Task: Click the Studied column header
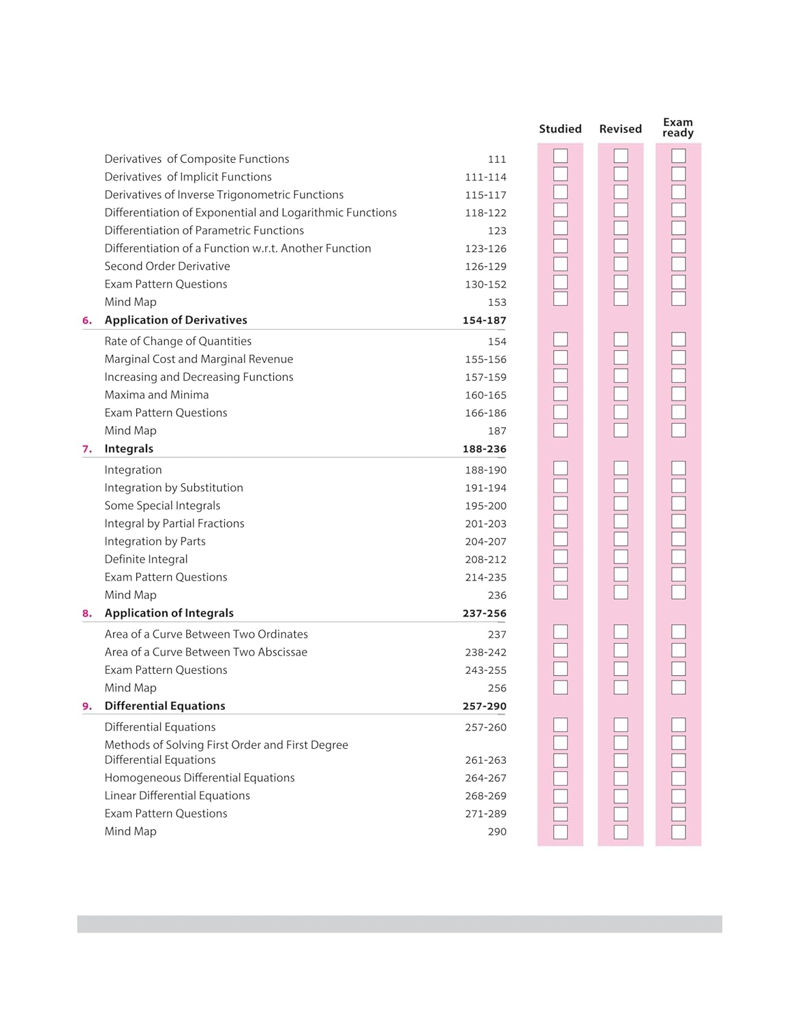tap(560, 129)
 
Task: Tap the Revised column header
tap(620, 129)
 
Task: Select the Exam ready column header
tap(677, 127)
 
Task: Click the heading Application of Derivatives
tap(176, 320)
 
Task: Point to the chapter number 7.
tap(87, 449)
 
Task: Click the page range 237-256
tap(484, 613)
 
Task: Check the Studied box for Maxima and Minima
tap(560, 394)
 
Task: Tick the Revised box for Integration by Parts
tap(620, 539)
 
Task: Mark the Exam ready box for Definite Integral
tap(678, 557)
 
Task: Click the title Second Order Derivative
tap(167, 266)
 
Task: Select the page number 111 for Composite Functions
tap(497, 159)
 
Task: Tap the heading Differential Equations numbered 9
tap(165, 706)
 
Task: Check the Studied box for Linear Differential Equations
tap(560, 796)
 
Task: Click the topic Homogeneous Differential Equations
tap(200, 778)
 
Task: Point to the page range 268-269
tap(485, 796)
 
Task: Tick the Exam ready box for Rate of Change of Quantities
tap(678, 339)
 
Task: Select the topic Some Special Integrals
tap(162, 506)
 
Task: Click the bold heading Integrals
tap(129, 449)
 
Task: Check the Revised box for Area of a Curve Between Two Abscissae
tap(620, 650)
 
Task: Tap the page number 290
tap(497, 832)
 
